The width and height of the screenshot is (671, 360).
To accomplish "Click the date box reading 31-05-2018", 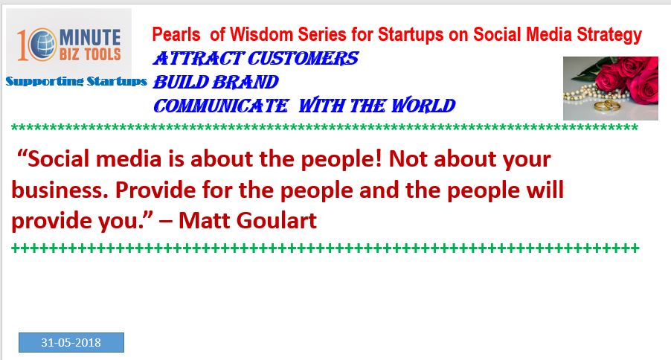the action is [x=71, y=342].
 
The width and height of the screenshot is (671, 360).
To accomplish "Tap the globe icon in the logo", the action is [x=44, y=44].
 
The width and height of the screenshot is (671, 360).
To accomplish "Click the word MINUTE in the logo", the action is [x=90, y=37].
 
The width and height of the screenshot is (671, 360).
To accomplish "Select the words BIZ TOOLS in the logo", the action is [x=90, y=54].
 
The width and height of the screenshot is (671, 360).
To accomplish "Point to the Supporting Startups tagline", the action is [x=76, y=81].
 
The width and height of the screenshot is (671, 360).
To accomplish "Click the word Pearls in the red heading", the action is [x=176, y=35].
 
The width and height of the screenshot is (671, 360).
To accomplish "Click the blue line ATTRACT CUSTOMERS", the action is [x=255, y=59].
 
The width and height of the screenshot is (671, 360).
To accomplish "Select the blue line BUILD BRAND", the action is [x=216, y=82].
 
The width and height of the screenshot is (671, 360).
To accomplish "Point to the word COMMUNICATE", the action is [x=221, y=106].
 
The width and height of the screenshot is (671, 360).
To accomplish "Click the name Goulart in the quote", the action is [x=277, y=221].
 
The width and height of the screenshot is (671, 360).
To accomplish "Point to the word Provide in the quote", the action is [x=155, y=190].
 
